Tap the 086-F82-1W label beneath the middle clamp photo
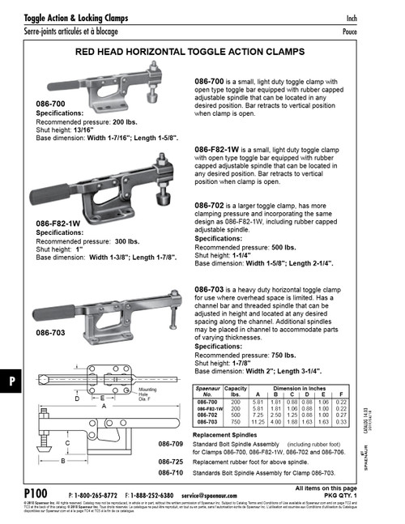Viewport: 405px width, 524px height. pos(62,222)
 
